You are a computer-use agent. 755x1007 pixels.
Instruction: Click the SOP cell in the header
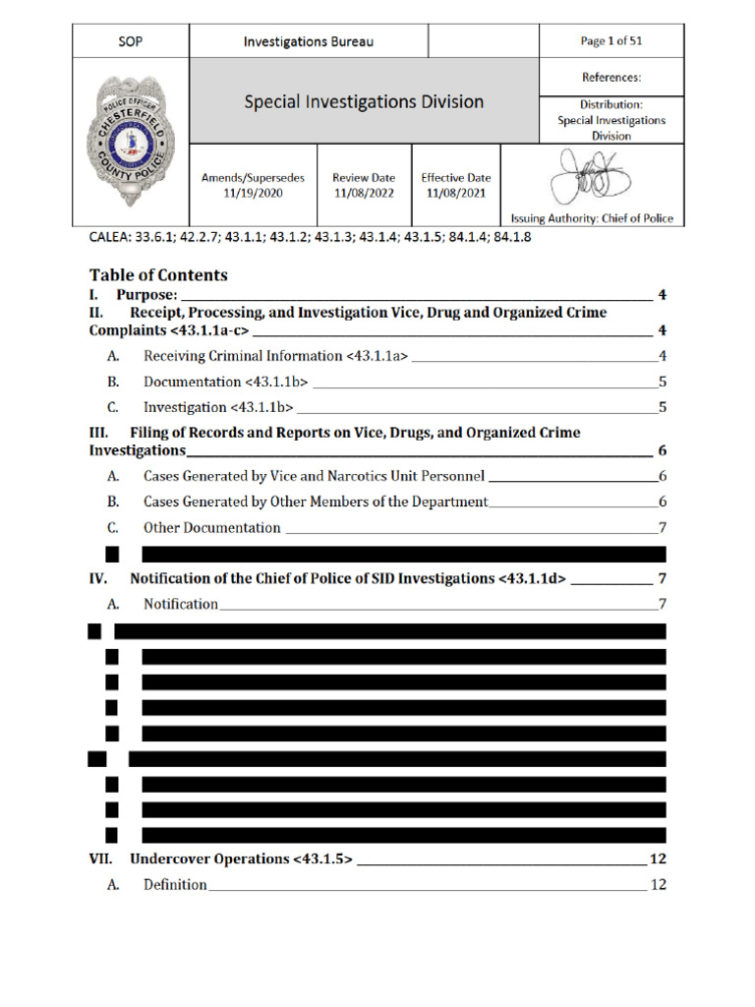point(130,41)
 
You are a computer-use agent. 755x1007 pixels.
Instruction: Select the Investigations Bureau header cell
point(308,41)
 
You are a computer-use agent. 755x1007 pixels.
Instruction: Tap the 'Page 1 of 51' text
point(611,41)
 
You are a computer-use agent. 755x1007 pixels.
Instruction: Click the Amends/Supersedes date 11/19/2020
point(253,193)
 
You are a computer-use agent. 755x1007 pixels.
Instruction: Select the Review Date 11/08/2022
point(363,193)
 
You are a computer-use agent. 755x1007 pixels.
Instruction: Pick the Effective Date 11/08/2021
point(455,193)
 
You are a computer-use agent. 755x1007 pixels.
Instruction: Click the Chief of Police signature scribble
point(592,177)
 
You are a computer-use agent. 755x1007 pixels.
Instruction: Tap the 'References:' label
point(611,76)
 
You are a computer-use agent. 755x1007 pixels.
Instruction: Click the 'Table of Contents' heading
point(158,275)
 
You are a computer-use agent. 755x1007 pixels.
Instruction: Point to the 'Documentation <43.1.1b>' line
point(225,381)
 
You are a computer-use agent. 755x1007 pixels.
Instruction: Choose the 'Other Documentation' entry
point(211,527)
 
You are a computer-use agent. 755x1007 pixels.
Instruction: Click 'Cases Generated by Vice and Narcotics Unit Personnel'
point(314,476)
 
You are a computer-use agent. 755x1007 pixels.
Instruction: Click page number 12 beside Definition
point(659,884)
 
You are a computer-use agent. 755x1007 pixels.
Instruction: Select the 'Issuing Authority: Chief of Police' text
point(592,218)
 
